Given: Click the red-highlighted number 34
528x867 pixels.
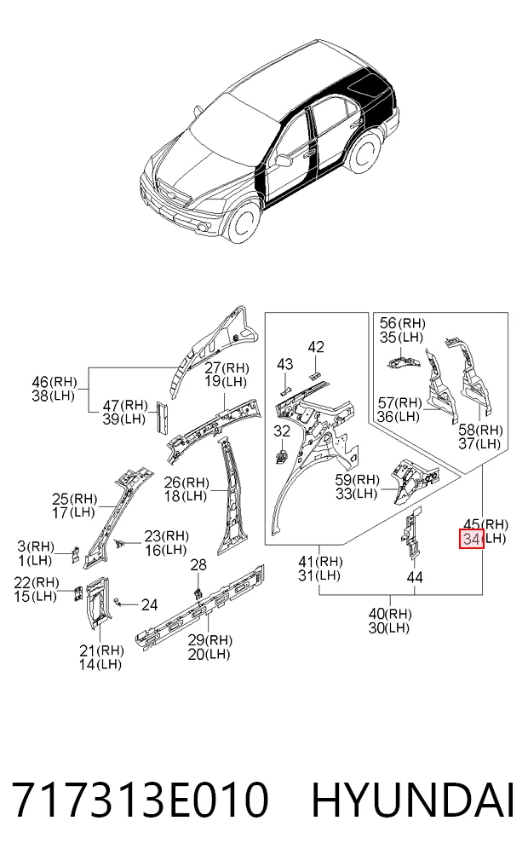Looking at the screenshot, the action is (x=471, y=539).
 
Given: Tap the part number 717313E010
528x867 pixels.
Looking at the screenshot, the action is (x=141, y=800).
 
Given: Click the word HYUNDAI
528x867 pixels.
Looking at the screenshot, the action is (x=413, y=800).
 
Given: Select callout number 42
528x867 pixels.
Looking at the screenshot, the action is (x=315, y=347).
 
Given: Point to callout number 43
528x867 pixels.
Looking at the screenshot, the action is (x=284, y=364).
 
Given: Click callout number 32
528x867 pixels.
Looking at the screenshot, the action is (x=282, y=431).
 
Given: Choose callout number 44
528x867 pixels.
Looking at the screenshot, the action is (x=414, y=577).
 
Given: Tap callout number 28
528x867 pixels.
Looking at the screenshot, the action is (x=198, y=564).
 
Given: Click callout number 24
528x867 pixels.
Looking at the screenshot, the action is (x=149, y=605).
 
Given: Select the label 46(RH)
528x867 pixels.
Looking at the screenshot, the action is (x=55, y=382).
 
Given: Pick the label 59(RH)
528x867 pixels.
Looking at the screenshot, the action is (x=358, y=479).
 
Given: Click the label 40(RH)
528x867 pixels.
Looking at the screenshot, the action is (x=390, y=614).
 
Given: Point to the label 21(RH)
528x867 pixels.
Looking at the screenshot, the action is (x=100, y=650).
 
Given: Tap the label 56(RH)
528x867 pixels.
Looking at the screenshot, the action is (x=402, y=323).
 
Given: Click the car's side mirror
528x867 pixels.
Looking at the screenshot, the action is (x=284, y=160).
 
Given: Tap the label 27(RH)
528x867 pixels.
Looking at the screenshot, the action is (x=227, y=367).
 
